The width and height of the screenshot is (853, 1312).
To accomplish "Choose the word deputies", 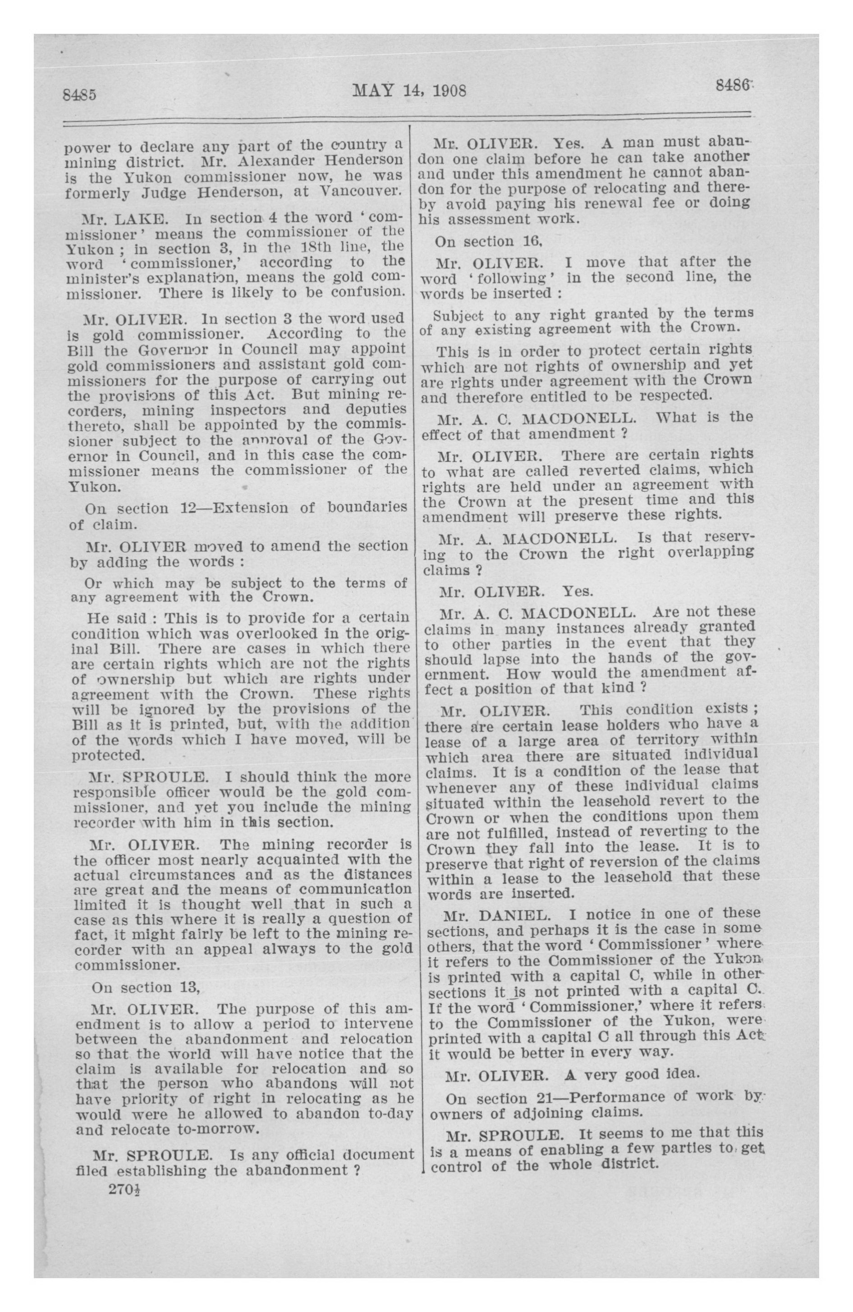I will (x=376, y=410).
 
